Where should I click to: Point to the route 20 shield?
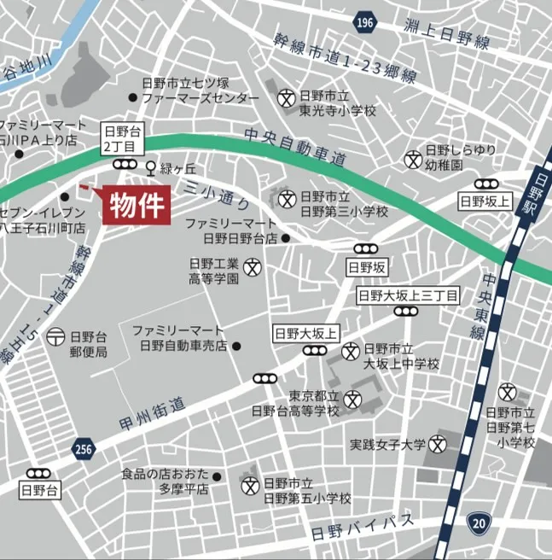tap(478, 522)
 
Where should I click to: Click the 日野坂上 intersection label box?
tap(485, 201)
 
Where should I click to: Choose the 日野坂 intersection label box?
tap(368, 267)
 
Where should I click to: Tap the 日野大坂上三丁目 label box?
tap(408, 295)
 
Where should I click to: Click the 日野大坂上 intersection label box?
tap(306, 333)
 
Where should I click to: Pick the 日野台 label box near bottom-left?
tap(38, 490)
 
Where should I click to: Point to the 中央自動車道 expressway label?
tap(294, 146)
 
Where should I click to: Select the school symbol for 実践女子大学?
tap(438, 444)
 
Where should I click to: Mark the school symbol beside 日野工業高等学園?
tap(253, 266)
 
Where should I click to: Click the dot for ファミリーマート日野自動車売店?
tap(236, 346)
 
